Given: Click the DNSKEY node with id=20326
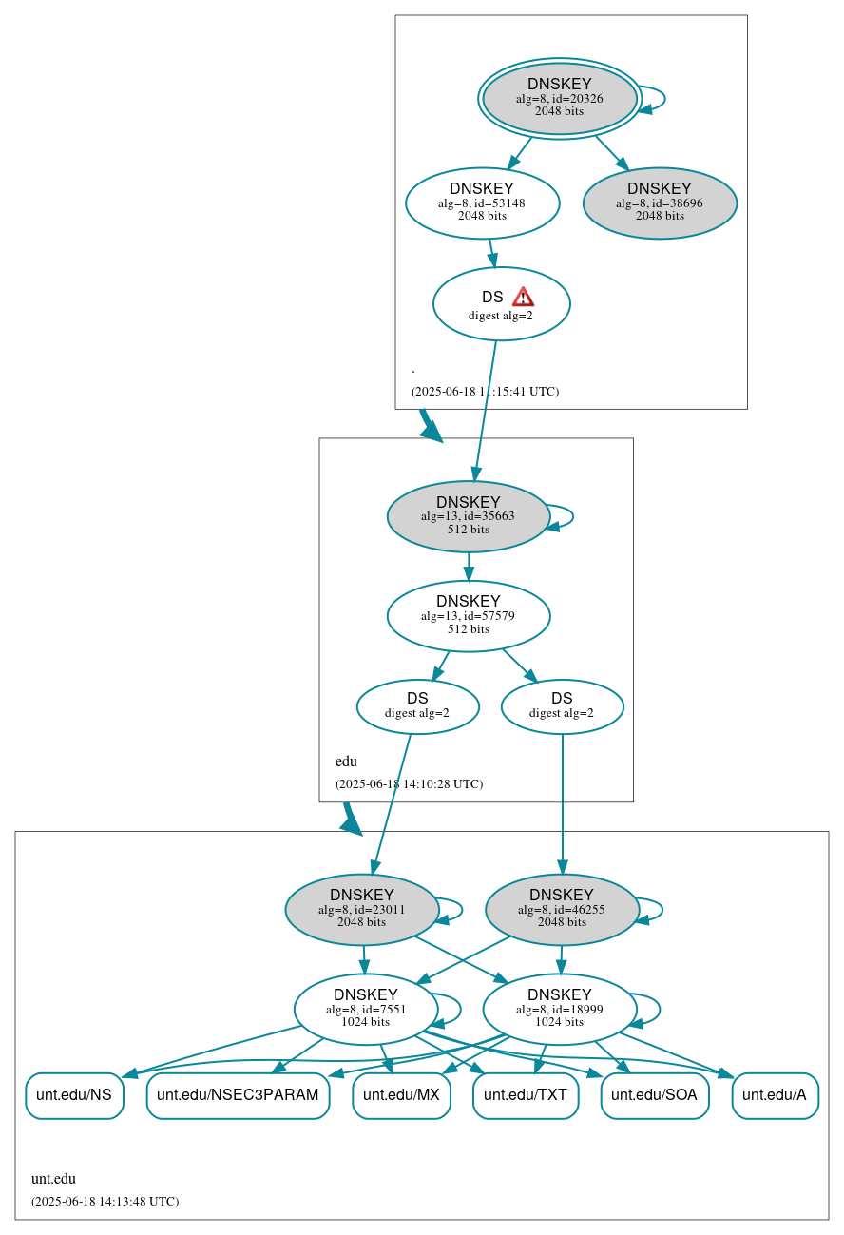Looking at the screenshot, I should tap(560, 98).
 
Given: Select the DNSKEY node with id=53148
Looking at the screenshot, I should tap(482, 203).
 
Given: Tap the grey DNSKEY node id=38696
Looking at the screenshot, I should tap(660, 203).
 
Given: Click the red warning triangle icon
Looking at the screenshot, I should tap(523, 297).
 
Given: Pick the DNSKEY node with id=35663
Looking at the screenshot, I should tap(469, 516).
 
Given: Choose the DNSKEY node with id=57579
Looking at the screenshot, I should tap(469, 616).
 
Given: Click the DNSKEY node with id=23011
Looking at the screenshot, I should tap(361, 909).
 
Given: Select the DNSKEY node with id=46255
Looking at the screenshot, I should tap(562, 909).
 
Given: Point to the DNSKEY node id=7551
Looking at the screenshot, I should tap(366, 1009).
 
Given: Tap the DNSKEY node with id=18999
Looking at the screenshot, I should tap(559, 1009).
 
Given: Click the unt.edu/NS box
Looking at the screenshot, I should tap(74, 1095).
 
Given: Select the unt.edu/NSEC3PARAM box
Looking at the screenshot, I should tap(238, 1095).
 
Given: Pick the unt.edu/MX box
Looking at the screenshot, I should tap(401, 1095).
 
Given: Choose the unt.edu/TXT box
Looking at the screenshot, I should tap(525, 1095).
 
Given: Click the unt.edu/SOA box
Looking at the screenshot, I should tap(654, 1095).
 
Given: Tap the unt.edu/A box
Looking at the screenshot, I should tap(775, 1095).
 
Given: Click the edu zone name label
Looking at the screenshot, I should tap(346, 762).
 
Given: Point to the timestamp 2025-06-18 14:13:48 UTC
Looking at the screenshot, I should tap(105, 1201).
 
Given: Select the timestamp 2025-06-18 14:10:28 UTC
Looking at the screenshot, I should tap(409, 784).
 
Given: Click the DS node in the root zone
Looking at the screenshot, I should tap(501, 304).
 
